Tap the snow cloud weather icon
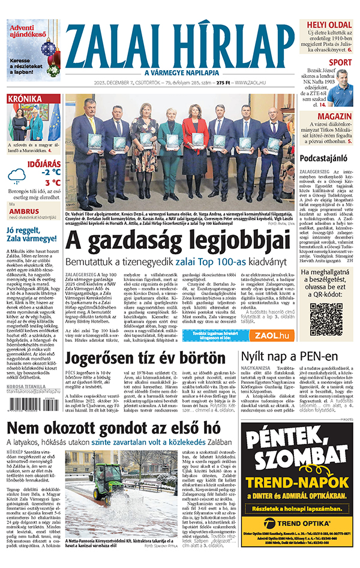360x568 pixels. (x=17, y=176)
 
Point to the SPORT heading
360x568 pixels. (x=340, y=62)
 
